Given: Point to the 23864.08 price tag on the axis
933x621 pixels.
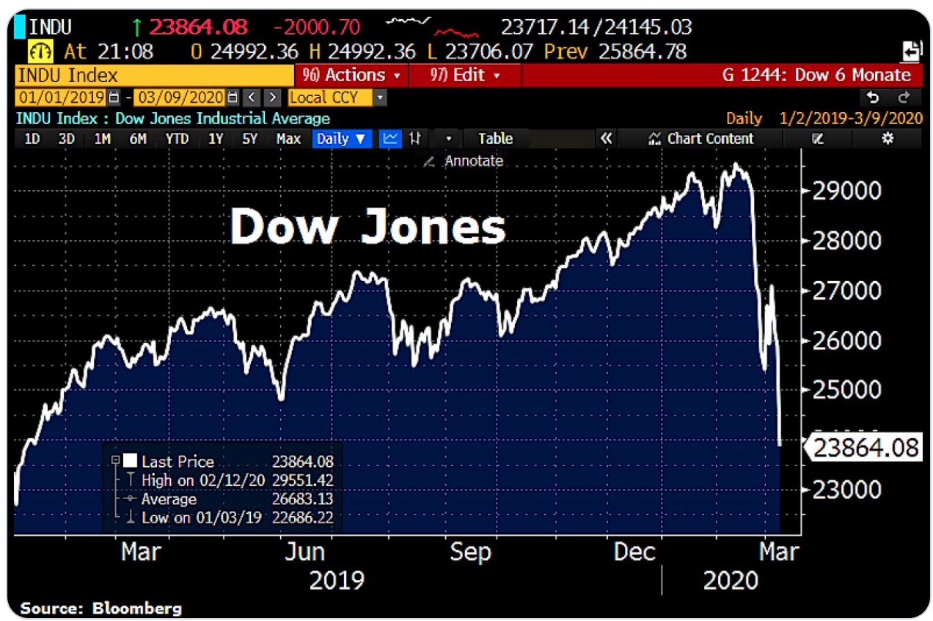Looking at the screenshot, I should (866, 446).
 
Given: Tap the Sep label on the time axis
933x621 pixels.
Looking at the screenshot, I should (469, 551).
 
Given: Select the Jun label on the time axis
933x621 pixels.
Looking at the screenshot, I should (304, 551).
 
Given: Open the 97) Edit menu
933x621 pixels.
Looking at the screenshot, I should (464, 75).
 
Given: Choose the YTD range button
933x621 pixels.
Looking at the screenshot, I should (177, 139).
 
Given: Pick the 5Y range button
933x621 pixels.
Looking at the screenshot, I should (250, 139).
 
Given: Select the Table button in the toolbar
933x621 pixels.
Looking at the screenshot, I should (495, 139).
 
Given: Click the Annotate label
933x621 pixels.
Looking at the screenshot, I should (473, 161).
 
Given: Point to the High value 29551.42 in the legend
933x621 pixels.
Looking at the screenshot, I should (302, 481).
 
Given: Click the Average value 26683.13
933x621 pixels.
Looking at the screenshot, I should (302, 499).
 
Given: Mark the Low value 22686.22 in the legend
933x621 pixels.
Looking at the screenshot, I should (302, 517).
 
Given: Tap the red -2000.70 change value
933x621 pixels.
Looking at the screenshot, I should (316, 28).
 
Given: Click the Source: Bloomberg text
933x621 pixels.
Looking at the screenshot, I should (100, 608).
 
